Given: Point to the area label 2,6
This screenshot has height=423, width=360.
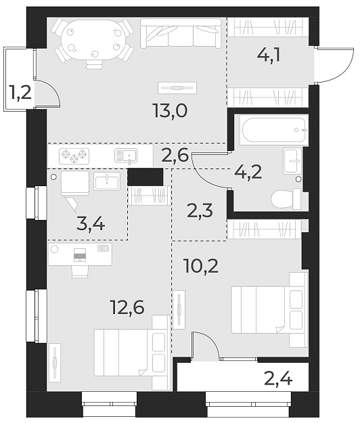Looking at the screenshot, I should click(x=175, y=156).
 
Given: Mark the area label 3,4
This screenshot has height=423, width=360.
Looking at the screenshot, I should click(x=91, y=223).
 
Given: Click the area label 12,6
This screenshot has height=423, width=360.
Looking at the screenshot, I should click(x=127, y=308).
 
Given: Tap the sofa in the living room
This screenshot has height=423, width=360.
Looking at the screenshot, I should click(x=181, y=32).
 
